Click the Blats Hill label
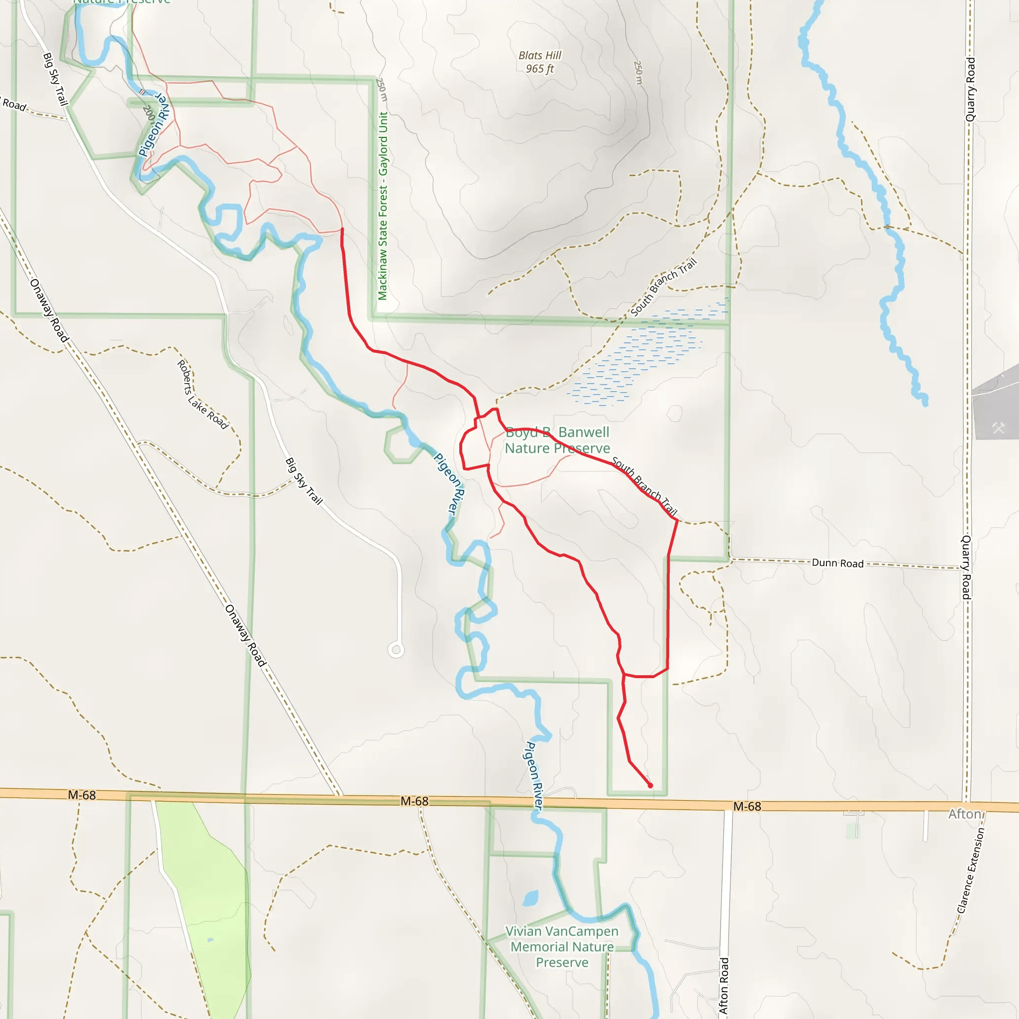pos(539,55)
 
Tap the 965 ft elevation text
pos(539,69)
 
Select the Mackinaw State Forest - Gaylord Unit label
pos(383,205)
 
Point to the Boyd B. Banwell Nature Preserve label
pos(557,440)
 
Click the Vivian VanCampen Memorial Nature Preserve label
pos(562,947)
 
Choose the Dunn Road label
pos(837,563)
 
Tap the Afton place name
pos(965,814)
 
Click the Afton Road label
pos(724,986)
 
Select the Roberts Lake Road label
pos(202,395)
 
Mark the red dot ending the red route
pos(650,785)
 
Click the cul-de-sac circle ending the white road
pos(396,650)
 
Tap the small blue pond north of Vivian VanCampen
pos(530,898)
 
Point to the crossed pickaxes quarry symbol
pos(999,428)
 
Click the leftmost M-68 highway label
pos(82,795)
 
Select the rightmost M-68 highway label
pos(747,806)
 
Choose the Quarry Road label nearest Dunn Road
pos(966,567)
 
